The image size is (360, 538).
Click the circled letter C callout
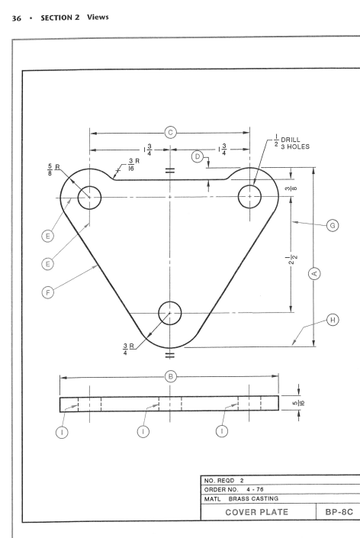click(170, 133)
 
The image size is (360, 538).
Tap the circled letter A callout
click(314, 274)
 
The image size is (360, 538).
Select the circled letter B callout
click(170, 376)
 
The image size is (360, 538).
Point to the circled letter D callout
click(197, 156)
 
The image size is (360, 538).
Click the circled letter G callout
click(333, 225)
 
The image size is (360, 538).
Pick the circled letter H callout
click(333, 320)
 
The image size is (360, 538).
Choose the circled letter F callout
click(47, 293)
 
